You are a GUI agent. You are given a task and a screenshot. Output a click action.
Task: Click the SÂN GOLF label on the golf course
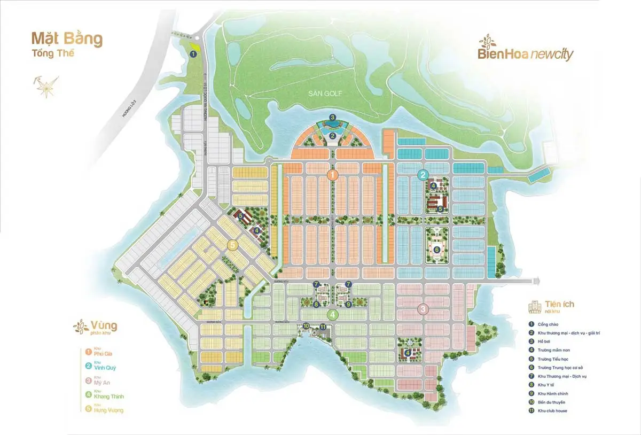point(324,94)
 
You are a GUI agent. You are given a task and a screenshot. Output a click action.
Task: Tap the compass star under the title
point(45,86)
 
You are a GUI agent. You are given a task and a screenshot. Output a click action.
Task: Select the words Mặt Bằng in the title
point(67,39)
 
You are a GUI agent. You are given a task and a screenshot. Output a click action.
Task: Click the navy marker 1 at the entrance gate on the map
point(193,53)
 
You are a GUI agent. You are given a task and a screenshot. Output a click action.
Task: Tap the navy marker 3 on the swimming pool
point(332,118)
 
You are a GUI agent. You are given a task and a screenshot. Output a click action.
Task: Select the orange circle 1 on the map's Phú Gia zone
point(332,175)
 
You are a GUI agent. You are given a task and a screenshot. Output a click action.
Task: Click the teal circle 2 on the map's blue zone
point(423,174)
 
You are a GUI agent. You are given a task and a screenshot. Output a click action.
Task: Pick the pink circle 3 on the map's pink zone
point(423,309)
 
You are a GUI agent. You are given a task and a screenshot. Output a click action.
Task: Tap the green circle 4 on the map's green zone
point(333,314)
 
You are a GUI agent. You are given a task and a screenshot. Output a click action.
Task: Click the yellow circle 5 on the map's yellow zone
point(231,245)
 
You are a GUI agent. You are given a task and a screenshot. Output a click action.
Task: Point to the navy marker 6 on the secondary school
point(437,249)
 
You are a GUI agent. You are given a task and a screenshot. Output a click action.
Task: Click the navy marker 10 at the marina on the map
point(306,325)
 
